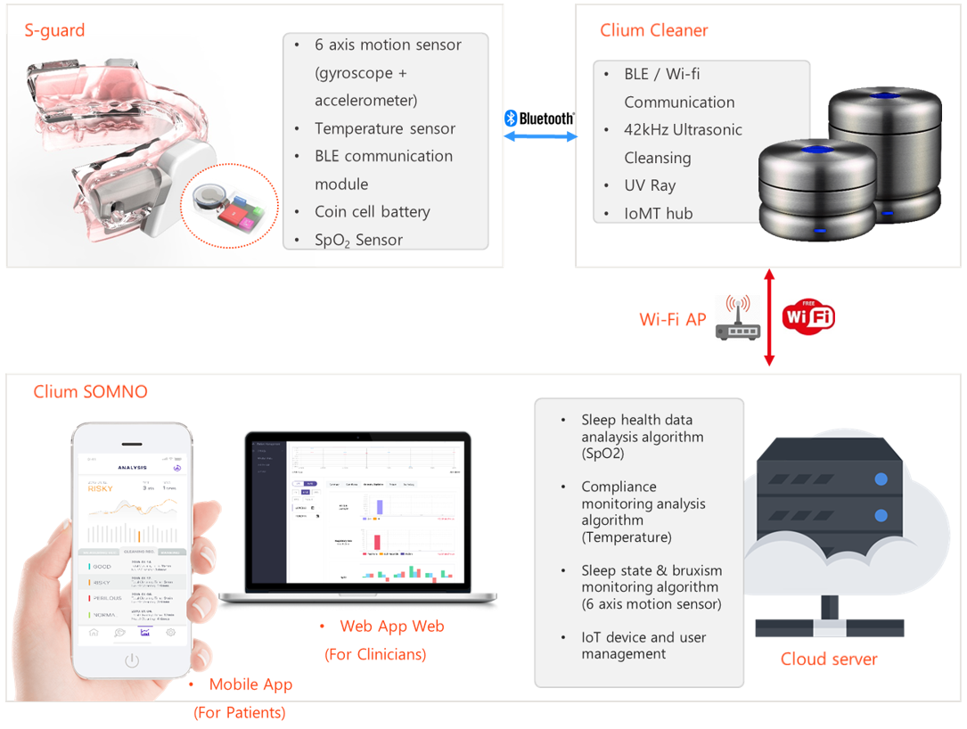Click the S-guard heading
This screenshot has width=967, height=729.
pyautogui.click(x=54, y=30)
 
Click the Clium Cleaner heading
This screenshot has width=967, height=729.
pyautogui.click(x=653, y=30)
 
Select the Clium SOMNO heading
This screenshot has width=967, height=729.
pyautogui.click(x=90, y=391)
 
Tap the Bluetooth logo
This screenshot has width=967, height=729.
pyautogui.click(x=539, y=118)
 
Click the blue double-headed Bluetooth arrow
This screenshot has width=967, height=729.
pyautogui.click(x=540, y=136)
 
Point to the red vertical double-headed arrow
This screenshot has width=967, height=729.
pyautogui.click(x=769, y=316)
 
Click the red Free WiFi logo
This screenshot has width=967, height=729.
pyautogui.click(x=808, y=316)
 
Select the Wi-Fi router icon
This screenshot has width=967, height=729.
pyautogui.click(x=738, y=318)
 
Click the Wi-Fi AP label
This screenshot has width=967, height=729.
pyautogui.click(x=672, y=319)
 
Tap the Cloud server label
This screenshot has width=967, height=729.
pyautogui.click(x=829, y=659)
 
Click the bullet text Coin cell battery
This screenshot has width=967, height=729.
pyautogui.click(x=372, y=211)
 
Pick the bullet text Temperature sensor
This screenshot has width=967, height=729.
pyautogui.click(x=384, y=128)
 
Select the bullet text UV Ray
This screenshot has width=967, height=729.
pyautogui.click(x=650, y=185)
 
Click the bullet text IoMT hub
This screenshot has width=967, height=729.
pyautogui.click(x=658, y=213)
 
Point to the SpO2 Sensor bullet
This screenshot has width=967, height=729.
pyautogui.click(x=358, y=240)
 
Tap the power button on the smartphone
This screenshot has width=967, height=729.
pyautogui.click(x=132, y=660)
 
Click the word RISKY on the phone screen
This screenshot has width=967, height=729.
pyautogui.click(x=101, y=487)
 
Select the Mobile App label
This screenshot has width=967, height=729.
pyautogui.click(x=250, y=684)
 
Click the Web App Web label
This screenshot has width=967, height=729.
pyautogui.click(x=391, y=627)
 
